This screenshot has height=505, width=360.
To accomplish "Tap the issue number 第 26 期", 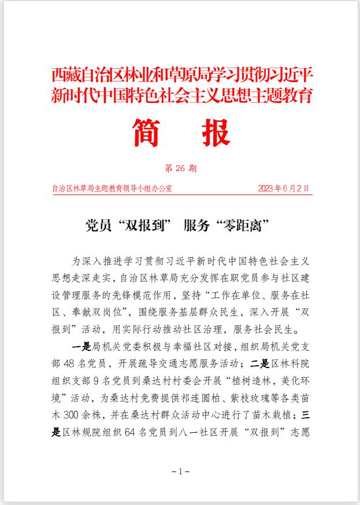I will pyautogui.click(x=180, y=168).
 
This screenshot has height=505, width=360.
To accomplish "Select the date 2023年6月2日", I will pyautogui.click(x=284, y=188).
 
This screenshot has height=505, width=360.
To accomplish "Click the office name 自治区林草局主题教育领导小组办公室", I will pyautogui.click(x=112, y=188).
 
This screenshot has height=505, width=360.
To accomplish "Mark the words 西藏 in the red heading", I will pyautogui.click(x=63, y=75).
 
